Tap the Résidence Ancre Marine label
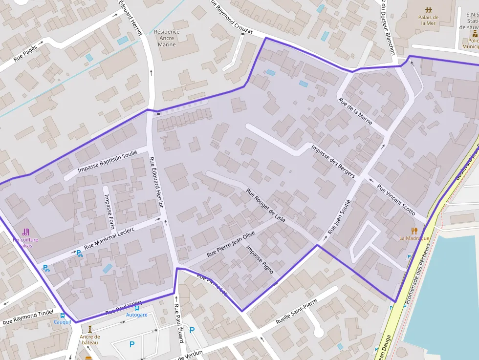[167, 38]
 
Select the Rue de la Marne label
[355, 111]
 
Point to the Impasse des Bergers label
[333, 161]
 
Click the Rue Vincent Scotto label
[396, 200]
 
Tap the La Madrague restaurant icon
[414, 231]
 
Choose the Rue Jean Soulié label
[339, 217]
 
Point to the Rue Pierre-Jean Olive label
[231, 244]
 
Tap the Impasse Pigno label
[259, 259]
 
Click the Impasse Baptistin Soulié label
[108, 158]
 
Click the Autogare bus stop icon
[136, 308]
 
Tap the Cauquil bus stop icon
[62, 315]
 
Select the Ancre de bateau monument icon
[89, 329]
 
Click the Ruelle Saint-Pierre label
[297, 312]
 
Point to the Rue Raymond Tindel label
[28, 319]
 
